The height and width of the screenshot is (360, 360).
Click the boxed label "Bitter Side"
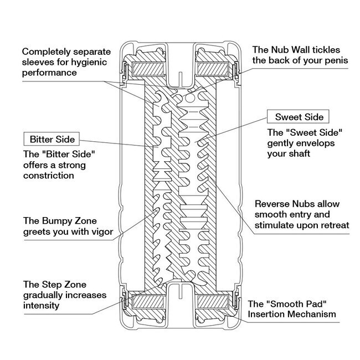pos(52,139)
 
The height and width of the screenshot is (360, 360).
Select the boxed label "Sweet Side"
pos(298,117)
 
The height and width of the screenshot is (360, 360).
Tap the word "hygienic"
pos(89,63)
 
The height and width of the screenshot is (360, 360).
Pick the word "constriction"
pos(49,176)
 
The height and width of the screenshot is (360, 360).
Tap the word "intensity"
pos(42,306)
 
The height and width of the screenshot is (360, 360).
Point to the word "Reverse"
pos(272,204)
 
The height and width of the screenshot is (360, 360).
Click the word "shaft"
pos(299,153)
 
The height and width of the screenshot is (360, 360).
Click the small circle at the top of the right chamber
pos(189,98)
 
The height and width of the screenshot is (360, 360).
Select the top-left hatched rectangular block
pos(148,69)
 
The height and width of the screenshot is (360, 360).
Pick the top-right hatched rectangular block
pos(213,69)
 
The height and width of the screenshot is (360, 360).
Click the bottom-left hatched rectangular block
pos(148,302)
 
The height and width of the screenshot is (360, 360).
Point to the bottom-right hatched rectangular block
pos(213,302)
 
